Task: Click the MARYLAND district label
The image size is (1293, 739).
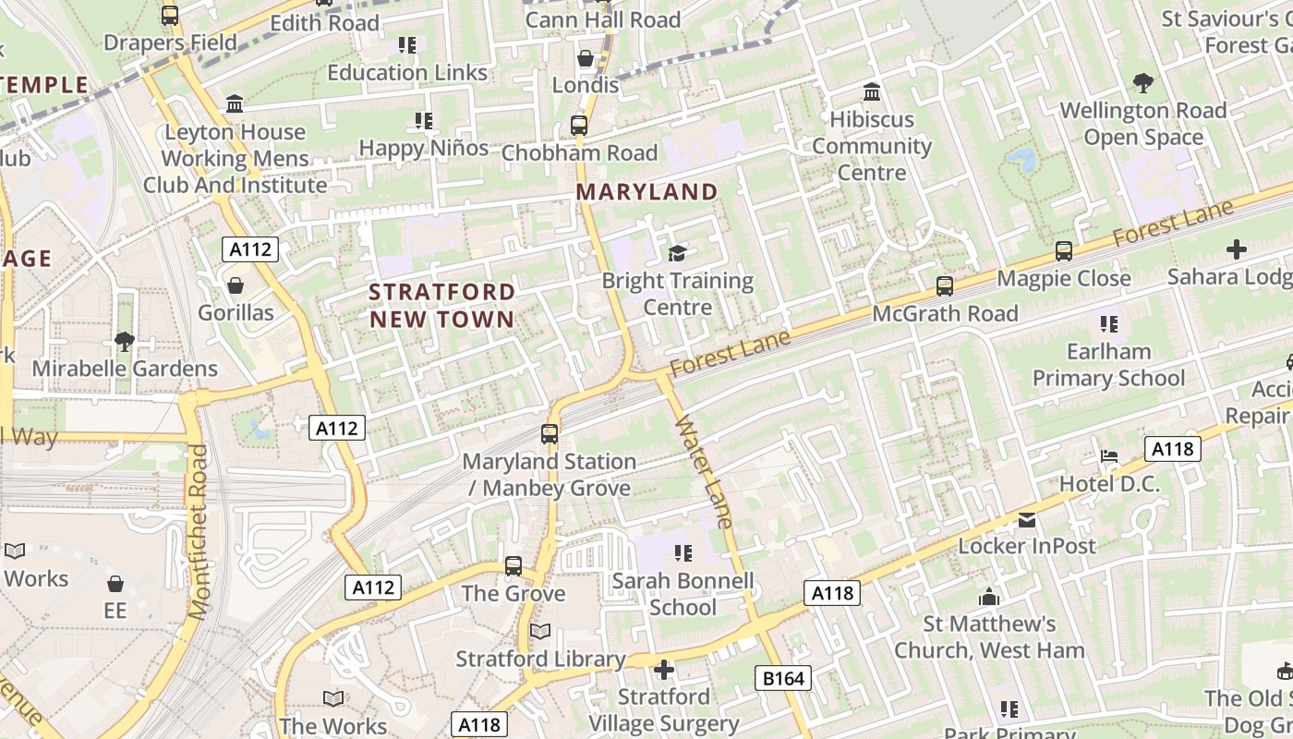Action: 646,192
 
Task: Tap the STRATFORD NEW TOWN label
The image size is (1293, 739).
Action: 441,306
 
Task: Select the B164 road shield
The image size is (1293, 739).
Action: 783,679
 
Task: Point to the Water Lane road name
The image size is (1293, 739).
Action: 705,472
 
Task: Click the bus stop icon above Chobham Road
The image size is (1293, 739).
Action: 579,126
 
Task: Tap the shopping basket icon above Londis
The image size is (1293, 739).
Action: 585,59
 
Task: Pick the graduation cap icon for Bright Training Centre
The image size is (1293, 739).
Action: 678,253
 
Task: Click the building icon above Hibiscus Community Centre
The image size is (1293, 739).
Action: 871,92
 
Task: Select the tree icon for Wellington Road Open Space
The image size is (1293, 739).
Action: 1142,83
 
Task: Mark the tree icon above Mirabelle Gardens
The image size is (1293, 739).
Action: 124,342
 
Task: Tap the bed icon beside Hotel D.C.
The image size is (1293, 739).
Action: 1109,457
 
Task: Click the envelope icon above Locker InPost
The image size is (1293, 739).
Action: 1026,520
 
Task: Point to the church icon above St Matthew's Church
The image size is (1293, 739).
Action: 989,597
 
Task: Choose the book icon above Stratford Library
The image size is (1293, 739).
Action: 540,632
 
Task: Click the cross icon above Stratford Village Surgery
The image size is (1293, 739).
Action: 663,670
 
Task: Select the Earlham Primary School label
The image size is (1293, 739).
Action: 1108,365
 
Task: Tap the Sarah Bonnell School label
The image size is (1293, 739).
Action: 683,594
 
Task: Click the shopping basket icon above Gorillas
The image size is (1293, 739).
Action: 236,286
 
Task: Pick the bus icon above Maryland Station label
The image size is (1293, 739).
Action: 550,433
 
